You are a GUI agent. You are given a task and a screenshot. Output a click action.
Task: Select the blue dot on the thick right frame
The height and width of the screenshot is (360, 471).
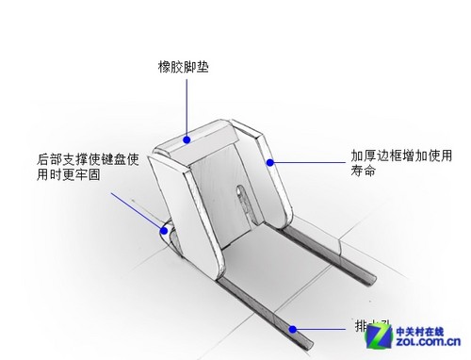pyautogui.click(x=270, y=162)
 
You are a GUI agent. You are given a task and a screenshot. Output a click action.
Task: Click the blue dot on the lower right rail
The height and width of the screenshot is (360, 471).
pyautogui.click(x=294, y=330)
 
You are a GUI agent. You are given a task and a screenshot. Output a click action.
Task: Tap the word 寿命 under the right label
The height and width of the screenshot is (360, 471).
pyautogui.click(x=364, y=172)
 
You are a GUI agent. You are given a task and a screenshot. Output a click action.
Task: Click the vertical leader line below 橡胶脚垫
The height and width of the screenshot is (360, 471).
pyautogui.click(x=187, y=108)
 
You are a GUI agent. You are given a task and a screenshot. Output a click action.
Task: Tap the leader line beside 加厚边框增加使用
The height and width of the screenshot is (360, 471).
pyautogui.click(x=306, y=162)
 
